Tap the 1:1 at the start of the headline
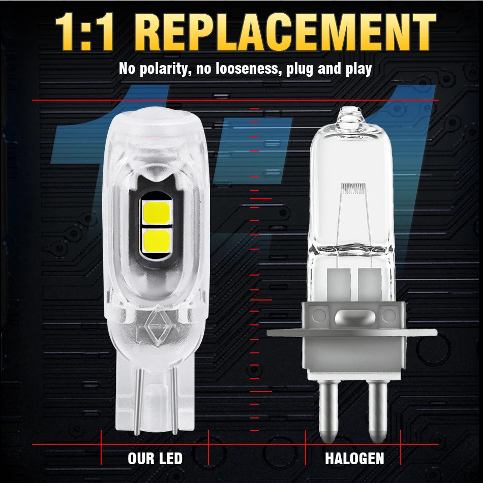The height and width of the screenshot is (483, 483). (84, 32)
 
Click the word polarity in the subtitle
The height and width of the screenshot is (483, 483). (163, 69)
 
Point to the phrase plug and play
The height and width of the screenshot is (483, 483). (329, 69)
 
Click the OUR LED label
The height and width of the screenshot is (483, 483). (155, 459)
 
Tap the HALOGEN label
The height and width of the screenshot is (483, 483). (354, 459)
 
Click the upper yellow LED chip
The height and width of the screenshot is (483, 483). (157, 213)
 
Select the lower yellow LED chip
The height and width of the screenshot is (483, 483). (157, 240)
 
